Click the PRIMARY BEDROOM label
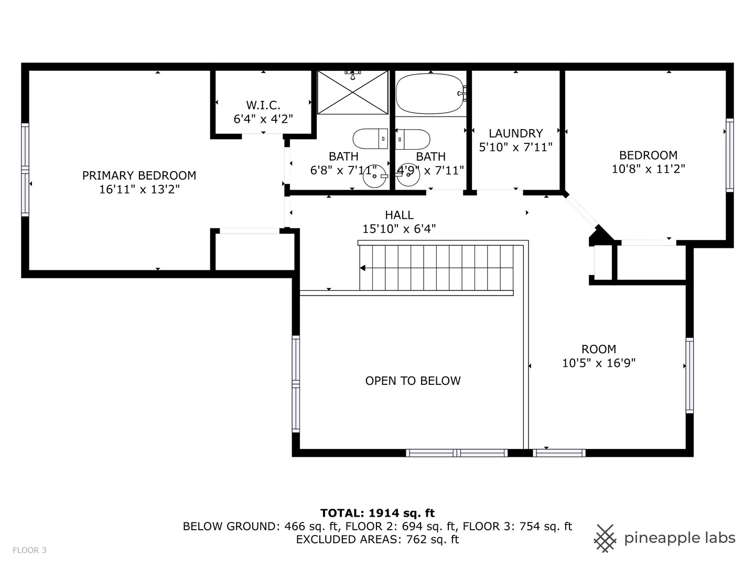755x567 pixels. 139,175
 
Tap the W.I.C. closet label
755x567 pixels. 263,105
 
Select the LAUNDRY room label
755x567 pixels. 515,133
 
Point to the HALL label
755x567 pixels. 399,215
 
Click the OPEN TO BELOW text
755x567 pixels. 413,381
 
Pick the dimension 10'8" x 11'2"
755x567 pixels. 648,169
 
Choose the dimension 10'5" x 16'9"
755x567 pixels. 599,363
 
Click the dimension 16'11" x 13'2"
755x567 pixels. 139,190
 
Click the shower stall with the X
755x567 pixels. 353,92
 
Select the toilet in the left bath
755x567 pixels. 370,139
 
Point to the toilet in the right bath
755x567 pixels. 413,139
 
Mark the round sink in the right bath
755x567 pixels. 407,177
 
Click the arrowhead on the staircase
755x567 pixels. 362,268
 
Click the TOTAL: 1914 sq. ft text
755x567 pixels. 377,513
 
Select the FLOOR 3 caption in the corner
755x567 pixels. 29,550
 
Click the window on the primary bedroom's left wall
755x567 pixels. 25,170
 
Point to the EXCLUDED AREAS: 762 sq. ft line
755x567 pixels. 377,539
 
